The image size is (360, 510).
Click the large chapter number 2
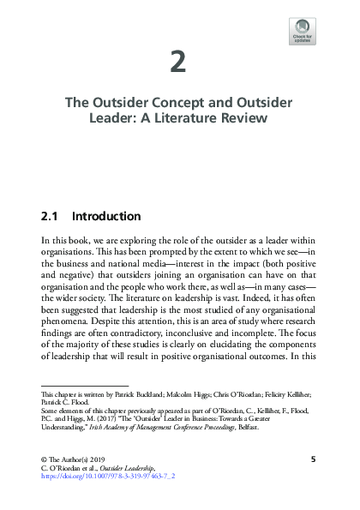click(179, 62)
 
